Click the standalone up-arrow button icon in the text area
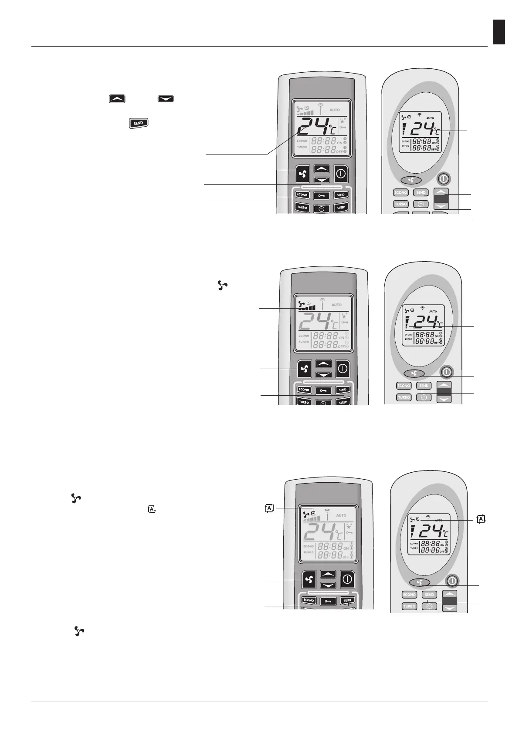coord(116,99)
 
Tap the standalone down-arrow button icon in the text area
coord(165,99)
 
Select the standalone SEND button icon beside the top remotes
coord(138,123)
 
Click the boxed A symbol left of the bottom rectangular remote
coord(270,508)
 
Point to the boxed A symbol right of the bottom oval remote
coord(481,519)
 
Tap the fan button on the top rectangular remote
coord(303,174)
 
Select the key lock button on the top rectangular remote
coord(322,195)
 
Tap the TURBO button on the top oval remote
coord(400,204)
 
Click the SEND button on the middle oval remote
coord(424,386)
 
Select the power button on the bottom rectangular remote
coord(347,579)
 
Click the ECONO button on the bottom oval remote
coord(409,595)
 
